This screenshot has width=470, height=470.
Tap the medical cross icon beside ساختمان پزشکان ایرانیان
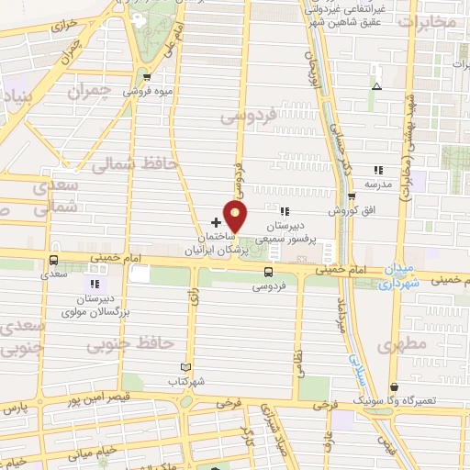(217, 222)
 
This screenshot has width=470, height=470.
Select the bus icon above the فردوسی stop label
(269, 272)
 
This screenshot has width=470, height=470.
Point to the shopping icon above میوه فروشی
(147, 77)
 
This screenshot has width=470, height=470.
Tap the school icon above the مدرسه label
(377, 169)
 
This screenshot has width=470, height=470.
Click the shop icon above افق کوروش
(352, 196)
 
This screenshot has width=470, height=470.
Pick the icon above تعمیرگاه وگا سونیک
(394, 387)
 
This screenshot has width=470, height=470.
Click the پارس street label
(13, 406)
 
